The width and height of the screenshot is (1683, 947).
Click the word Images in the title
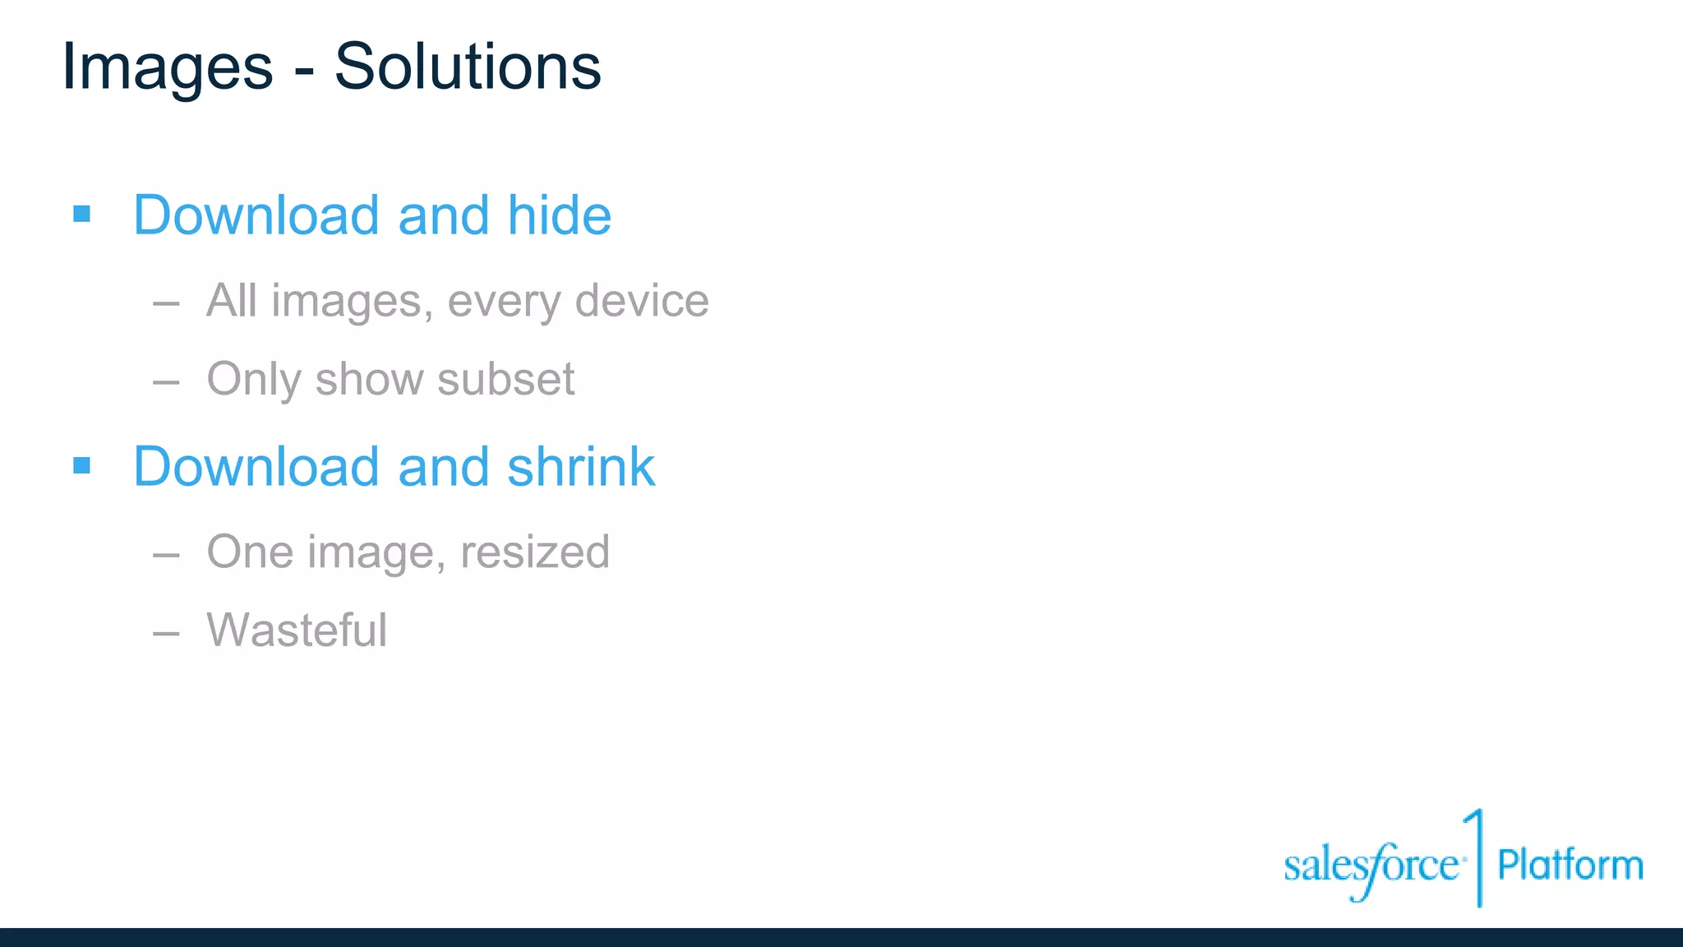tap(168, 67)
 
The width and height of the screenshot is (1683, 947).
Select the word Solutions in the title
tap(468, 66)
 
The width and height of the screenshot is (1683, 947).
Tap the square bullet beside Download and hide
tap(81, 215)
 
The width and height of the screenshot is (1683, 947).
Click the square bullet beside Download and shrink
tap(81, 466)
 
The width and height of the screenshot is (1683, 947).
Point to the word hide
tap(559, 215)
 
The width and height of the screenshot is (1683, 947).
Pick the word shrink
tap(581, 467)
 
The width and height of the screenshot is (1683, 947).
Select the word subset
tap(505, 379)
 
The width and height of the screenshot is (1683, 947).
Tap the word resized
tap(534, 552)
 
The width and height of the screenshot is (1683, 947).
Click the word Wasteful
tap(297, 631)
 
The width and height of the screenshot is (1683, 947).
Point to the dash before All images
tap(166, 303)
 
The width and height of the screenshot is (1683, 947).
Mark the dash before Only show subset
tap(166, 382)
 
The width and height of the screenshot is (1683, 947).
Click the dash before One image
tap(166, 555)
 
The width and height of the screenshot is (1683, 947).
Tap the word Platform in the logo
tap(1570, 865)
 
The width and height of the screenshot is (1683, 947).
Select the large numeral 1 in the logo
tap(1476, 855)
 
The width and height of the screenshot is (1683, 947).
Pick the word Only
tap(254, 380)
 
